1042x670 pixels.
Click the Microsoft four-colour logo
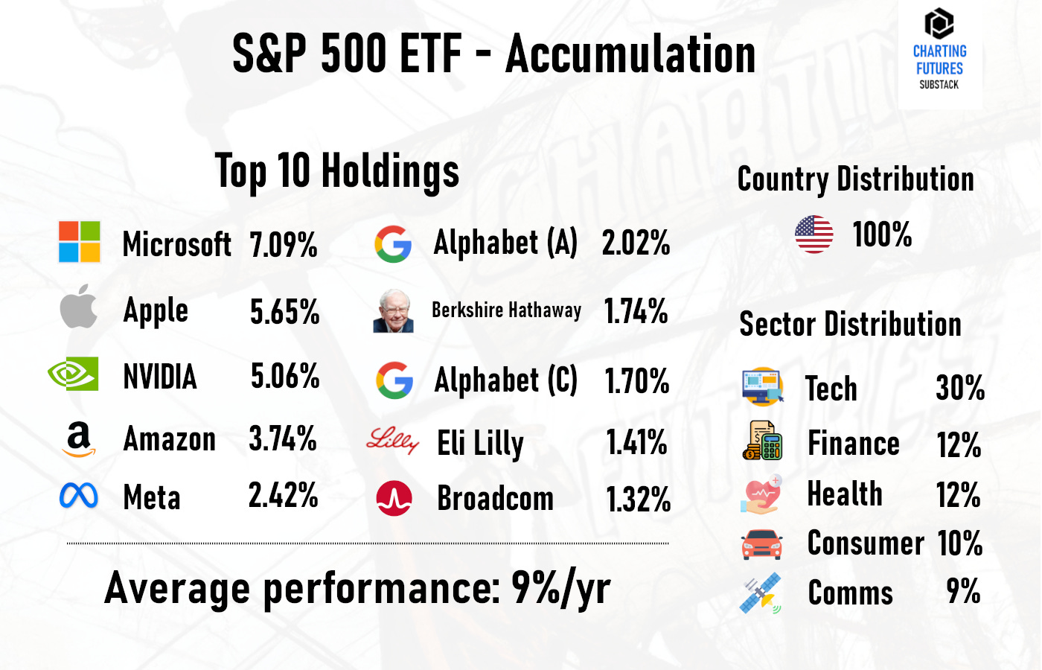[80, 242]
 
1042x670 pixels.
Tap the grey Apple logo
[79, 307]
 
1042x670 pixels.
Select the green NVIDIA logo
[73, 374]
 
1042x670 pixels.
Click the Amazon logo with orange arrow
[79, 439]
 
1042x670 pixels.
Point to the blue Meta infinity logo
[79, 496]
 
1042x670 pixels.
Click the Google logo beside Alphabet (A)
[393, 244]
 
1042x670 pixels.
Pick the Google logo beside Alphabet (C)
[394, 380]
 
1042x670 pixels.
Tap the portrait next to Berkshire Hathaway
[393, 311]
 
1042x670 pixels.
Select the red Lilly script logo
[392, 441]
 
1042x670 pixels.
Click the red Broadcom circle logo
[394, 499]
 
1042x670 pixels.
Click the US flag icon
[814, 234]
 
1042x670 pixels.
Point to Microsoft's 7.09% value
[284, 245]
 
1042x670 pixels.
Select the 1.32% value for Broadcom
[638, 500]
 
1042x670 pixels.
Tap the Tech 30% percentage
[960, 388]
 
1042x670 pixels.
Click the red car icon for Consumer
[761, 544]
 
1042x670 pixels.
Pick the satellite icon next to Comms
[761, 593]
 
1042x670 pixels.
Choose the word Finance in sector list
[854, 444]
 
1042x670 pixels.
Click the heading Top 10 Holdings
[337, 171]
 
